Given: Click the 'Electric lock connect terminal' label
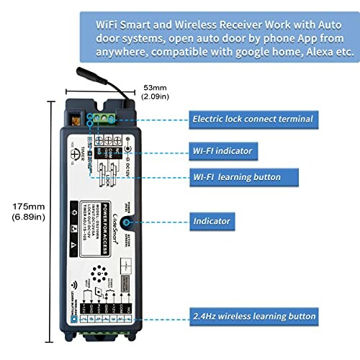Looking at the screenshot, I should pyautogui.click(x=252, y=118).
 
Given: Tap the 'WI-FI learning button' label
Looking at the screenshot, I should pyautogui.click(x=236, y=176).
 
